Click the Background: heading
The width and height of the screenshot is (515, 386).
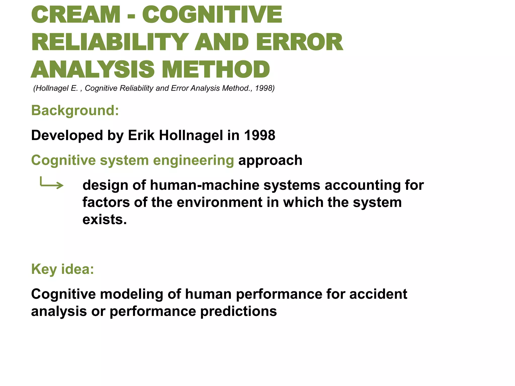[75, 110]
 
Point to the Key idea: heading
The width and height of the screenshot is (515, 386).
[63, 269]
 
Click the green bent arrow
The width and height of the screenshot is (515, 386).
[52, 183]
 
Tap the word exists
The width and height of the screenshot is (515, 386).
[104, 219]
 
